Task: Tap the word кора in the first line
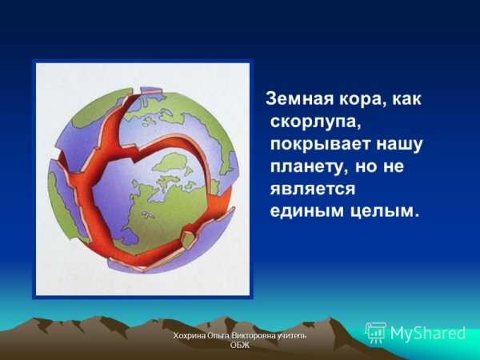point(359,100)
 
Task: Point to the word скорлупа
point(314,122)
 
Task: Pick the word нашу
point(399,145)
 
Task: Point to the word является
point(311,190)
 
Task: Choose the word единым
point(305,212)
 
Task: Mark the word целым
point(385,212)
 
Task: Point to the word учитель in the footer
point(292,337)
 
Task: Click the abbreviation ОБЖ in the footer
point(240,345)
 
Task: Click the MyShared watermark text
point(428,334)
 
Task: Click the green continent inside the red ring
point(160,192)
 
